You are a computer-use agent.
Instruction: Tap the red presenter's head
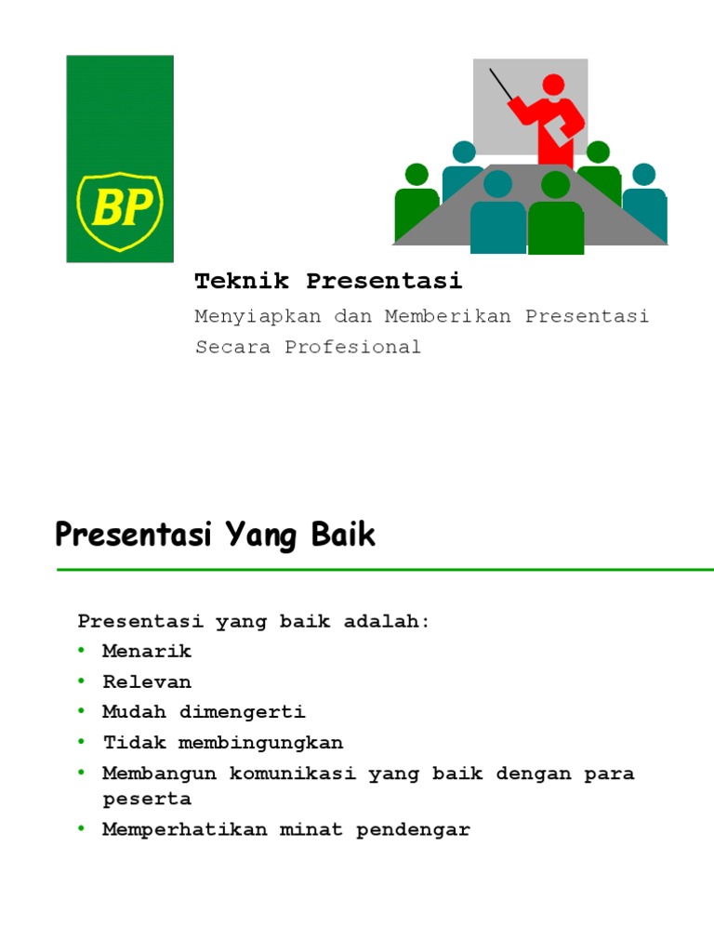pyautogui.click(x=553, y=85)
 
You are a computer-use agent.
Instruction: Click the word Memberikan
pyautogui.click(x=448, y=316)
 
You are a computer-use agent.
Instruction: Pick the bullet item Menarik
pyautogui.click(x=147, y=652)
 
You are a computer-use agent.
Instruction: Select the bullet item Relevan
pyautogui.click(x=147, y=682)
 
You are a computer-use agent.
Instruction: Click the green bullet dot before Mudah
pyautogui.click(x=82, y=711)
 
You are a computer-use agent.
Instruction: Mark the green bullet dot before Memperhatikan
pyautogui.click(x=82, y=828)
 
